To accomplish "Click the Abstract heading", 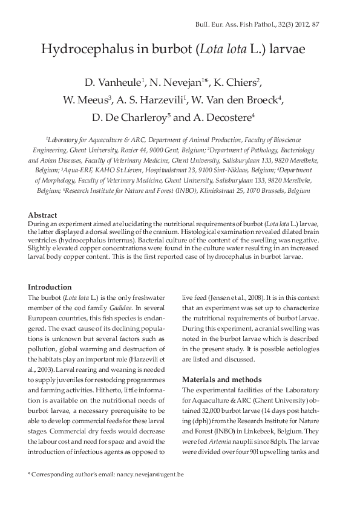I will point(42,215).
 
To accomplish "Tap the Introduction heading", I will point(50,287).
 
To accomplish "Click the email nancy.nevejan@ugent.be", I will point(149,475).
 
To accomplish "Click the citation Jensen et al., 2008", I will point(226,297).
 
